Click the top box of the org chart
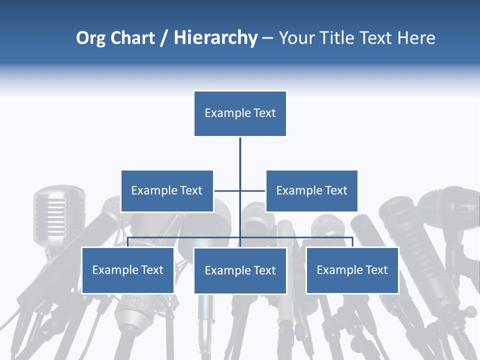[240, 113]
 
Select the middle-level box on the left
[167, 190]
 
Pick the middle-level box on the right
[311, 190]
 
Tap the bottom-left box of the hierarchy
[128, 270]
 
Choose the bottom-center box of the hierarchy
[240, 270]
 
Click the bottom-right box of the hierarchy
[352, 270]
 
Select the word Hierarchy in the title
[215, 38]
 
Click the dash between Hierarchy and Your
[267, 38]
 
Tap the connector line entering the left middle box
[226, 190]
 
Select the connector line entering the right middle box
[253, 190]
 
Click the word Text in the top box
[264, 113]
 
